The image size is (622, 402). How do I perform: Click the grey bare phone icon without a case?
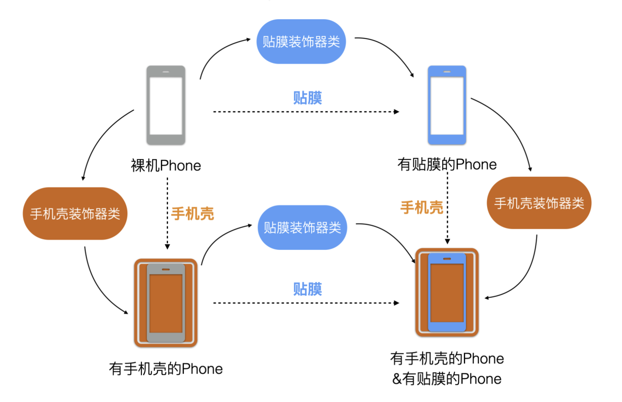coord(166,105)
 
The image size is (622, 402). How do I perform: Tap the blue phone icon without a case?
coord(447,105)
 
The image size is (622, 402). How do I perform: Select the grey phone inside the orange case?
coord(166,303)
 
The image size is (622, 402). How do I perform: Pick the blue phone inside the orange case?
coord(447,292)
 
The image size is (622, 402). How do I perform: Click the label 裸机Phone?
coord(166,166)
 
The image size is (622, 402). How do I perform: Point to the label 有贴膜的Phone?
coord(447,164)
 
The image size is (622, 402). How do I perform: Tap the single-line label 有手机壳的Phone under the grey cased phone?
coord(166,369)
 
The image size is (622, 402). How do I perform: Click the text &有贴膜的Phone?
coord(447,379)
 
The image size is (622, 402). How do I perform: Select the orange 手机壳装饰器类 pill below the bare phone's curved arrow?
coord(75,213)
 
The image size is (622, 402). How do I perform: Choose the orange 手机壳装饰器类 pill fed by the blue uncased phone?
coord(539,203)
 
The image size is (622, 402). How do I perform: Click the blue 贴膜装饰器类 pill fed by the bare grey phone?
coord(301,41)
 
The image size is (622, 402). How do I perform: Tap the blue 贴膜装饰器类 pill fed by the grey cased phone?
coord(302,227)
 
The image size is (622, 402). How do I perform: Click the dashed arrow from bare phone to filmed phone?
coord(305,112)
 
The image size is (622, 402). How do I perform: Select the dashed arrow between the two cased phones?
coord(305,303)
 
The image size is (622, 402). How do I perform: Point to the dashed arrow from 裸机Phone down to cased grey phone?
coord(167,213)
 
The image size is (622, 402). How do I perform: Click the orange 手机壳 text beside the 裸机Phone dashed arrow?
coord(193,214)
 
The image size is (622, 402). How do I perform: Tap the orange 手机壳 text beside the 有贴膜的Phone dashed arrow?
coord(422,208)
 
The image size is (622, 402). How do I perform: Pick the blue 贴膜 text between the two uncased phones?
coord(307,98)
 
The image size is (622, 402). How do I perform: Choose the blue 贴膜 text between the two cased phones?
coord(307,289)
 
